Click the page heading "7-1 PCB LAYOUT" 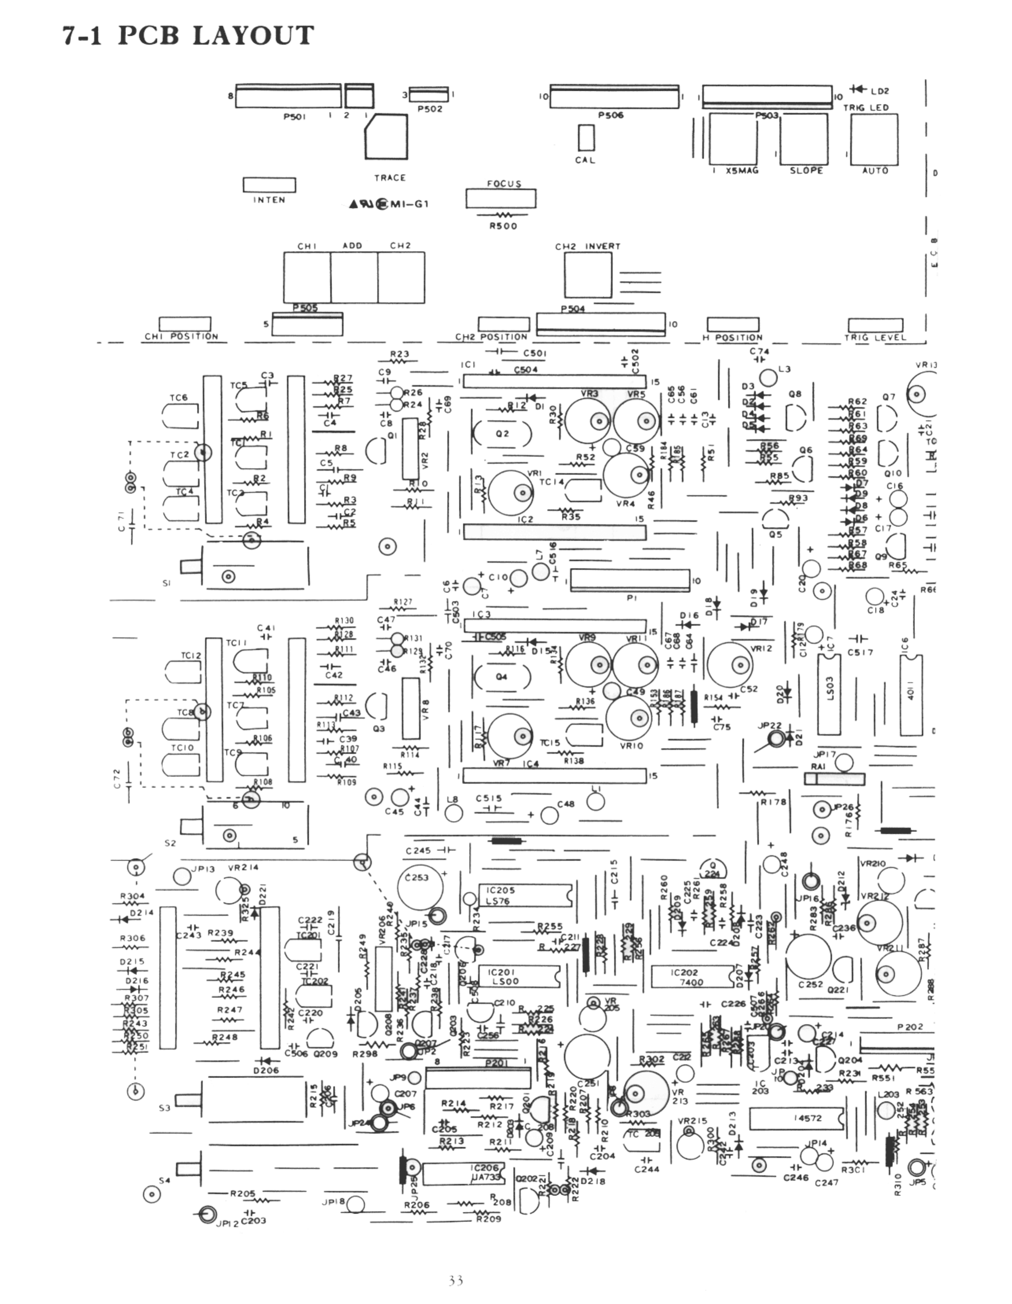point(188,36)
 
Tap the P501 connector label point(294,117)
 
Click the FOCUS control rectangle point(500,198)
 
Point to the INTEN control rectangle point(269,185)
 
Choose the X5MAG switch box point(732,138)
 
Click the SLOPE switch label point(806,171)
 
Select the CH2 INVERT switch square point(588,275)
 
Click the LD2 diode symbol point(859,90)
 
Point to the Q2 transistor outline point(502,433)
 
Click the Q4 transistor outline point(502,677)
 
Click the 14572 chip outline point(796,1119)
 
